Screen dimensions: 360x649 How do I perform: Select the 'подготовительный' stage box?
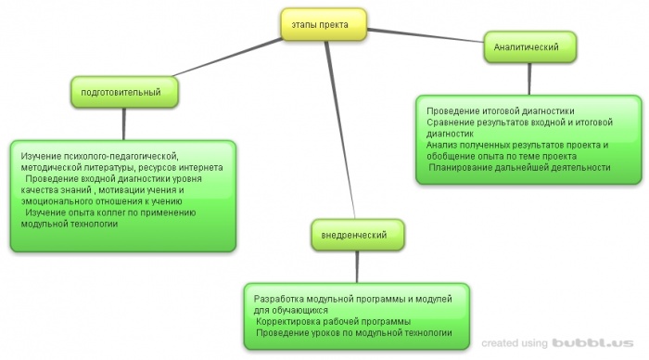(x=122, y=93)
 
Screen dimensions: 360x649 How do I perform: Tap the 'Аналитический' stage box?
(x=529, y=45)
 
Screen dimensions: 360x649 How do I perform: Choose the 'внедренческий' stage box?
(x=358, y=237)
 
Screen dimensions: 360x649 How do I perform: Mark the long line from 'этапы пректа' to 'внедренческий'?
(x=339, y=130)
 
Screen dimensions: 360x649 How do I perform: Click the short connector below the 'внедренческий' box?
(x=357, y=265)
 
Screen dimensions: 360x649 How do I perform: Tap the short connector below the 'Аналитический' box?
(x=529, y=78)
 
